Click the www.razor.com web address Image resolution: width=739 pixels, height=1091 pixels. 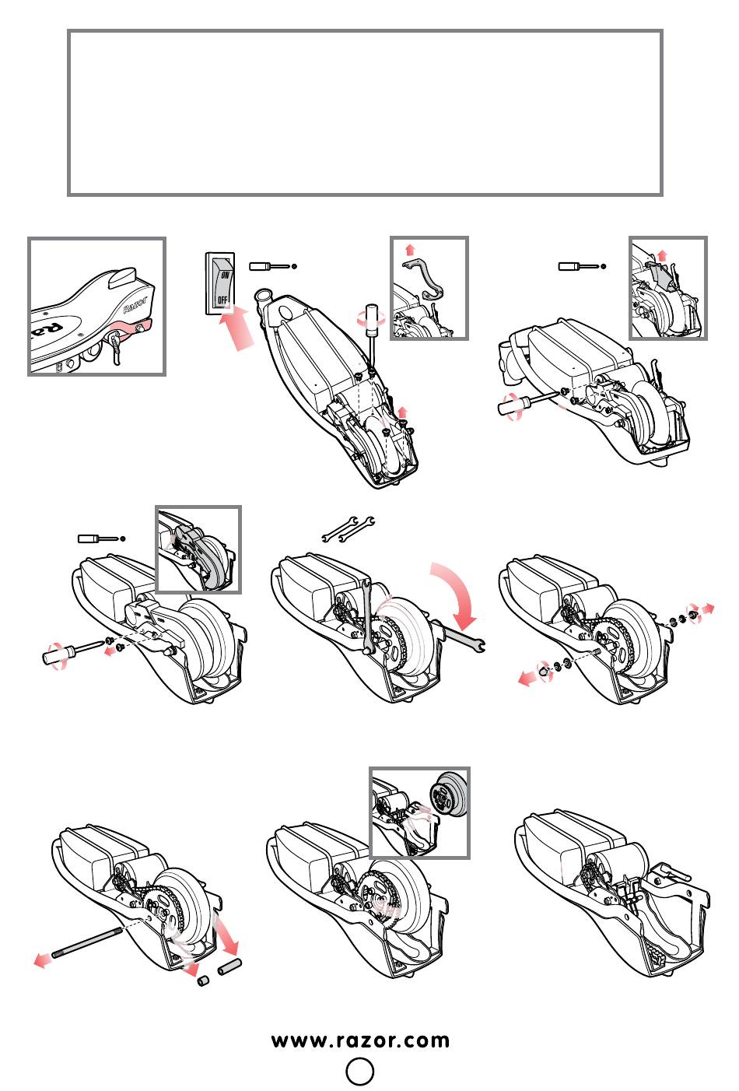(360, 1041)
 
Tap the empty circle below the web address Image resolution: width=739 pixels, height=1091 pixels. (359, 1072)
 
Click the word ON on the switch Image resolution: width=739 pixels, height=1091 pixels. (224, 275)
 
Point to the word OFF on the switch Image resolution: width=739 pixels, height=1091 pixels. (222, 300)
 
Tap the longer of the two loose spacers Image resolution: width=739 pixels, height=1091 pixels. (230, 967)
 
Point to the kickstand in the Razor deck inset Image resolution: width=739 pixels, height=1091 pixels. (117, 346)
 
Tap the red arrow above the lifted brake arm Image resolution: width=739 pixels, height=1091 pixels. (410, 248)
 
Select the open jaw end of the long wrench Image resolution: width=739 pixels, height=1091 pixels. (478, 644)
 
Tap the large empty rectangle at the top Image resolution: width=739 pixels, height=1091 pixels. (365, 113)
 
